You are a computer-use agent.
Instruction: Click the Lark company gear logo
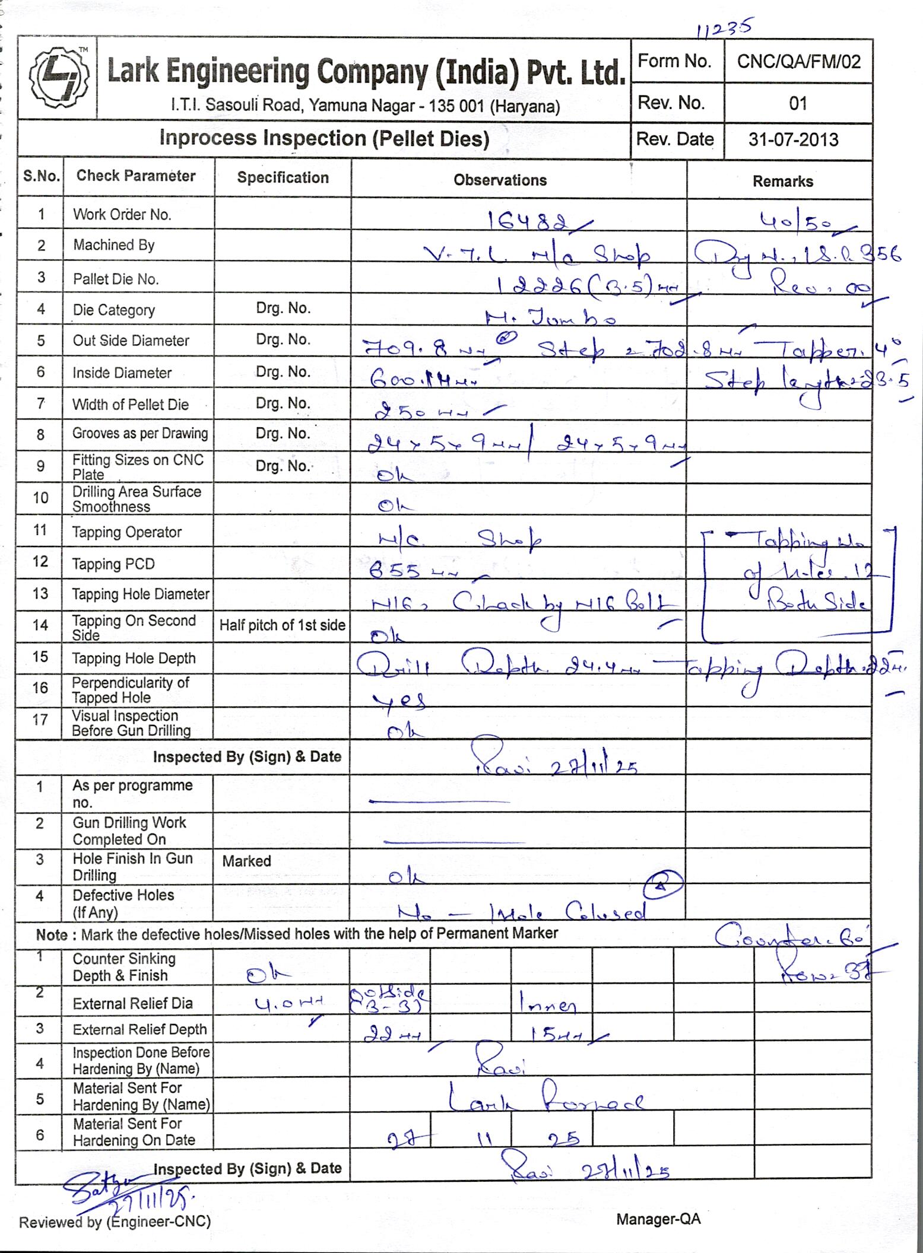pos(58,77)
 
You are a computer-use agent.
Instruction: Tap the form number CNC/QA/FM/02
pos(798,61)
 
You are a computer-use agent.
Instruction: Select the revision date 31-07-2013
pos(793,139)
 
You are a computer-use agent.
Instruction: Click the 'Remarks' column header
pos(782,181)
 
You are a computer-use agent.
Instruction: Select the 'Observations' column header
pos(500,180)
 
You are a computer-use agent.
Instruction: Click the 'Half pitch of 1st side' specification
pos(282,625)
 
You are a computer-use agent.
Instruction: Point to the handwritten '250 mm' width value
pos(424,411)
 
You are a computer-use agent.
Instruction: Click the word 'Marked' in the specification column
pos(246,861)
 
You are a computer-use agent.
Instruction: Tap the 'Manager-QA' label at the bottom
pos(658,1219)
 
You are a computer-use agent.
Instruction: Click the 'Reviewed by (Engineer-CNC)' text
pos(115,1222)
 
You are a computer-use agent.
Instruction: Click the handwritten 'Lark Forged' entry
pos(545,1098)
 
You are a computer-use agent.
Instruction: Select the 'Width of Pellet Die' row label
pos(130,405)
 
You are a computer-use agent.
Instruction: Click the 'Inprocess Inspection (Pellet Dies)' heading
pos(324,138)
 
